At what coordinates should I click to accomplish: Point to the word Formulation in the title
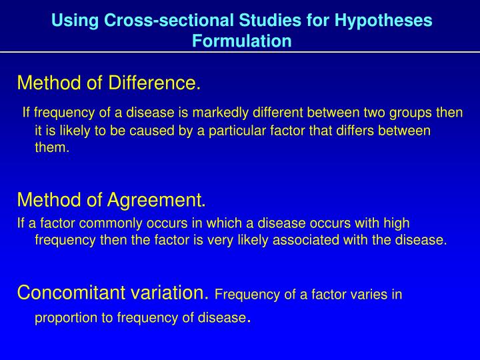tap(242, 41)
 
